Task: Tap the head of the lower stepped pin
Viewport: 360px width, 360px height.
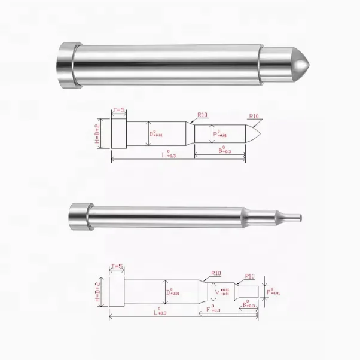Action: tap(78, 214)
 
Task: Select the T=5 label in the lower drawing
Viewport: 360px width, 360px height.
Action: tap(116, 267)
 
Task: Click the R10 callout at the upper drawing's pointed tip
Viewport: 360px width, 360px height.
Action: tap(254, 116)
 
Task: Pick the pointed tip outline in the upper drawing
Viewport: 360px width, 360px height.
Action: tap(256, 133)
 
